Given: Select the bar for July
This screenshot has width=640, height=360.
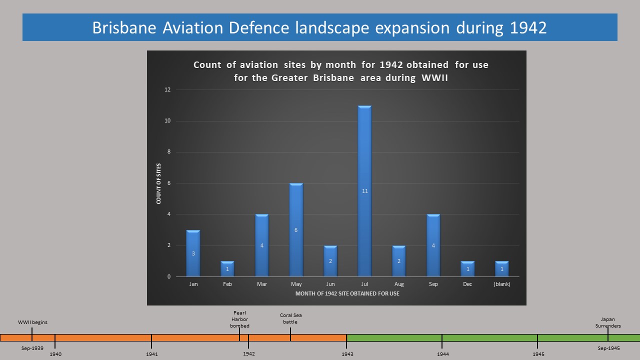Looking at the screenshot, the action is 364,191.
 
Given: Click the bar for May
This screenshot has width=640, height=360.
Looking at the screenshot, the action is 296,229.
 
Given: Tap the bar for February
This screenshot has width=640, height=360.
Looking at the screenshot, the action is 227,268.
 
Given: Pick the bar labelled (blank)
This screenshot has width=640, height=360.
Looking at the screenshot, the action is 501,268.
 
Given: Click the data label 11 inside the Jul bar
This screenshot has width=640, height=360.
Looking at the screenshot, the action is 365,191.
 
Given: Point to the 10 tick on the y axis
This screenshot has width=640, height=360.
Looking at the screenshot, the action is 167,120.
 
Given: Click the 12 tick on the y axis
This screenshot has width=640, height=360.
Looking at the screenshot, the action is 167,89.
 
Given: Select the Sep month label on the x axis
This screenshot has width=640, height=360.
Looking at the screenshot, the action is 433,284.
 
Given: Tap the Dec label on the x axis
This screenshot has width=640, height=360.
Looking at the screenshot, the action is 467,284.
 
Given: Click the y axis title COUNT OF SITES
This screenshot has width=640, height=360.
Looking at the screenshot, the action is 158,183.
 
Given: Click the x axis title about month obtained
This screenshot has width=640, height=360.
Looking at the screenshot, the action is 347,293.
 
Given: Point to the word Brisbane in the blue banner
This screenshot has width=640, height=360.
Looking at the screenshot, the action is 124,27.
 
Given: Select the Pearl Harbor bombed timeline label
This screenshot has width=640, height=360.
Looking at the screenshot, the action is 239,319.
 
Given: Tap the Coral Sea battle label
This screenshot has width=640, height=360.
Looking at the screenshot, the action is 290,318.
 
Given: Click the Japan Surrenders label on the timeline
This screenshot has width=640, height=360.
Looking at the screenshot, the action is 608,322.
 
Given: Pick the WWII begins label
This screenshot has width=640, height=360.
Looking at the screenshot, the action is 32,322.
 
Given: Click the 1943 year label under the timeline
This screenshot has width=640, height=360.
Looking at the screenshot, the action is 347,354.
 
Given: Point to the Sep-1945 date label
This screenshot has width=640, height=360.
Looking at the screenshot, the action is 609,348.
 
